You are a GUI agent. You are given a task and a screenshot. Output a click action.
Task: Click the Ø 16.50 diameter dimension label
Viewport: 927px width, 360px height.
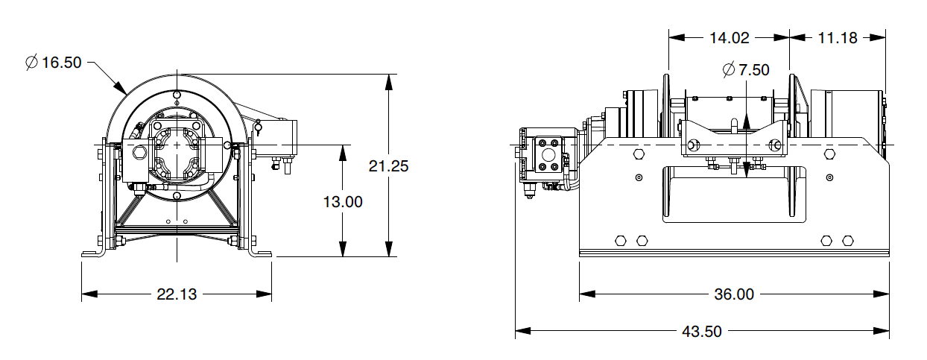pos(53,63)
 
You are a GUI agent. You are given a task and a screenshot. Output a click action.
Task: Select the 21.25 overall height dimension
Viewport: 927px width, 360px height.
pos(388,166)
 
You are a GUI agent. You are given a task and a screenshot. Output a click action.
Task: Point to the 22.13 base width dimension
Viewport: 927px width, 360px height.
pos(177,294)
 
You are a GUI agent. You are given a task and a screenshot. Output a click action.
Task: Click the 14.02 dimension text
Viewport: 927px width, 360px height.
pos(728,37)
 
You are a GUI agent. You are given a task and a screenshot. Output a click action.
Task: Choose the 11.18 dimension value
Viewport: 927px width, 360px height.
pos(837,37)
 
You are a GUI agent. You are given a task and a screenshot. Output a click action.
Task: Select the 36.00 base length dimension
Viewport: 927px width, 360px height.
pos(734,294)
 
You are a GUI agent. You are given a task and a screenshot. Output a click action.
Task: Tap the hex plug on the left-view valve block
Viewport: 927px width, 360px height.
pos(139,154)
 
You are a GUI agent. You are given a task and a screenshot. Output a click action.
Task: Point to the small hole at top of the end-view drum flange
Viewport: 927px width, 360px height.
pos(176,95)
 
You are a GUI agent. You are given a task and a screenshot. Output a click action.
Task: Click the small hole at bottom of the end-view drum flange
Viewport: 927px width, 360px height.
pos(176,195)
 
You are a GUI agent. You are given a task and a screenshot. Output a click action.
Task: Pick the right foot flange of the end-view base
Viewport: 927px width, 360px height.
pos(262,254)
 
